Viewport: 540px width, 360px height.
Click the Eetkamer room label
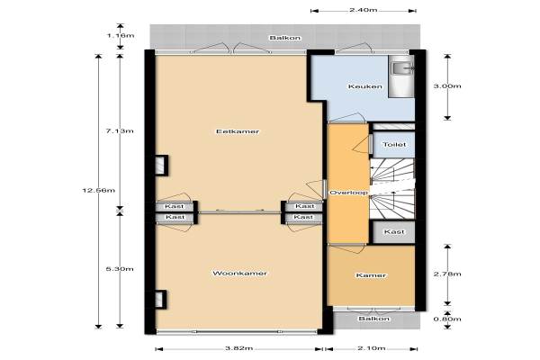tap(238, 131)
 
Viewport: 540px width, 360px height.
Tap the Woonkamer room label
tap(239, 274)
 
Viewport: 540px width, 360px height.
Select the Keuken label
tap(365, 86)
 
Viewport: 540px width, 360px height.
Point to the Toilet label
tap(394, 144)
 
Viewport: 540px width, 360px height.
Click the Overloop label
tap(349, 193)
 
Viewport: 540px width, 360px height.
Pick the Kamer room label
tap(371, 275)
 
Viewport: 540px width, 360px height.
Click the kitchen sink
tap(401, 68)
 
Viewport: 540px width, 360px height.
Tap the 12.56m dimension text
tap(99, 190)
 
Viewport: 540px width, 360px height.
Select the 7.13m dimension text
tap(120, 130)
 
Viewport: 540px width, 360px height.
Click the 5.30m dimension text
tap(120, 269)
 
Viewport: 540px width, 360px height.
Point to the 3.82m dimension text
tap(239, 348)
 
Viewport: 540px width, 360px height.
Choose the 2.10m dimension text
tap(371, 348)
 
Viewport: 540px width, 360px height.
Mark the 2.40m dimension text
tap(364, 10)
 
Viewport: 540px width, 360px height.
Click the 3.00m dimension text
tap(447, 86)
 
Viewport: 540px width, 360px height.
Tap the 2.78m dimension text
tap(447, 274)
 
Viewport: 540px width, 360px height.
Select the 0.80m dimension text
tap(447, 319)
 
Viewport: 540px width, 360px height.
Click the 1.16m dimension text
tap(120, 35)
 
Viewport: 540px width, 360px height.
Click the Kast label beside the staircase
tap(394, 231)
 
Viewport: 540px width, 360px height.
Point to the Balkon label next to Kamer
tap(374, 319)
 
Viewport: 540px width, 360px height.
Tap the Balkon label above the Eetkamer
tap(285, 38)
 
